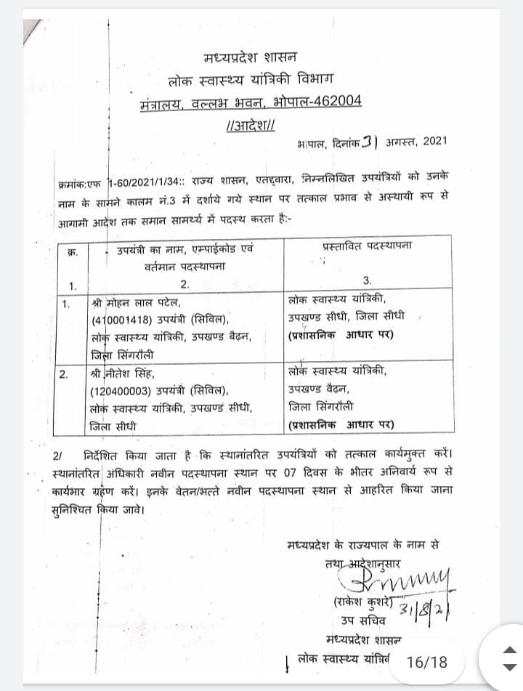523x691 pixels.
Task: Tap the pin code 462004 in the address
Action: pos(336,101)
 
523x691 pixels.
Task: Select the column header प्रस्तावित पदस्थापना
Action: pos(366,247)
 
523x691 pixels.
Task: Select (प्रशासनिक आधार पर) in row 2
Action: pos(341,424)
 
